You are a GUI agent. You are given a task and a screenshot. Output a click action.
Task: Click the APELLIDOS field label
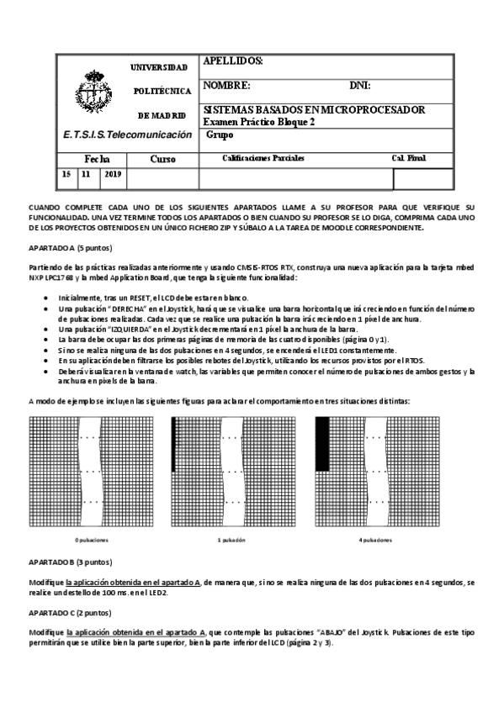233,62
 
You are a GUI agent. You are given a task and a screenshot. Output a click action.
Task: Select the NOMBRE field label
227,86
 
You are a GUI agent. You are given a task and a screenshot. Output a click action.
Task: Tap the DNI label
360,86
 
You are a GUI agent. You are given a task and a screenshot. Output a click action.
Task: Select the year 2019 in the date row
113,174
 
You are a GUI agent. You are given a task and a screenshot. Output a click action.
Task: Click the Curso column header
162,158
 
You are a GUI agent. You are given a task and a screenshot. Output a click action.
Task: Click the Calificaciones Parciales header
263,158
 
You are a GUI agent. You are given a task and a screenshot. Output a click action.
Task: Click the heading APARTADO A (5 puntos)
70,249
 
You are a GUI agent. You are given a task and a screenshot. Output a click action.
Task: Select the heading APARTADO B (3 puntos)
70,561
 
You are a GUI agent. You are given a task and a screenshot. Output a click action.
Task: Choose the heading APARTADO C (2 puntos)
70,613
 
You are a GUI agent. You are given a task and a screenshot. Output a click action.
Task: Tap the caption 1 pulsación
231,539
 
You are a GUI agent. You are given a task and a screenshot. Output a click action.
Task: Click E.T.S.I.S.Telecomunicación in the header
127,135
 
